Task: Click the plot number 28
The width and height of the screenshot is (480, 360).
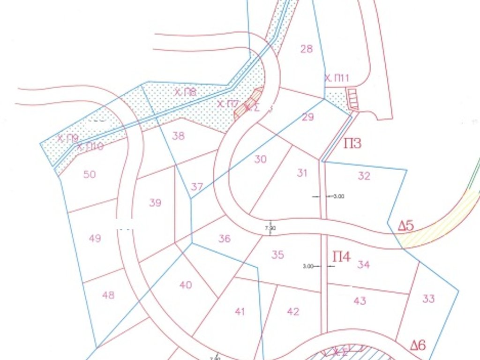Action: [x=306, y=49]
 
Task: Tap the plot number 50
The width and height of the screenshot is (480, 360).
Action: [x=90, y=174]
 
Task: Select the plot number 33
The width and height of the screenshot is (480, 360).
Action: [x=428, y=299]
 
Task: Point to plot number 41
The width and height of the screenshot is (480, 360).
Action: [x=240, y=311]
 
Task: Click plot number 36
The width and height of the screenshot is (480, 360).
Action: [x=225, y=239]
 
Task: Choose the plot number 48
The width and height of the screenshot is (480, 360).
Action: [x=108, y=295]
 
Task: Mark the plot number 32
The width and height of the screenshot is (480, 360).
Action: [x=364, y=176]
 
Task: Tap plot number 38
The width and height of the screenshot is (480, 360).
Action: [x=179, y=136]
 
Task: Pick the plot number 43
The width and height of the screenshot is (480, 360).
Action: [x=360, y=301]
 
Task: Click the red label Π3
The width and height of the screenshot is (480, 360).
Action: [x=352, y=143]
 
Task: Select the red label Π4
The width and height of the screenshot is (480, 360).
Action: [x=342, y=257]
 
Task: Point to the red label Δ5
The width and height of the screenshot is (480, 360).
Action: [x=406, y=226]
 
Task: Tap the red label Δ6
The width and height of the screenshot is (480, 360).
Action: [x=418, y=346]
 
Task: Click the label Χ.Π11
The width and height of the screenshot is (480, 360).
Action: [x=337, y=78]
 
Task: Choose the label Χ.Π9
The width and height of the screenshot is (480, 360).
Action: [x=67, y=138]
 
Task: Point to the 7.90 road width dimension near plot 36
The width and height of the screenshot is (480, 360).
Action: [x=270, y=228]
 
